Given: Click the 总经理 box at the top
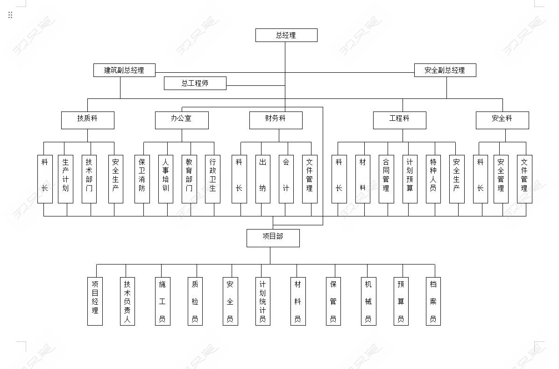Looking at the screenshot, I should [x=286, y=35].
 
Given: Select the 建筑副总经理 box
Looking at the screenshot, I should [x=124, y=70].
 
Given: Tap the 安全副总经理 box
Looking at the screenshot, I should [x=445, y=70].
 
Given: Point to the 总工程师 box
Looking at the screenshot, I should [x=195, y=83].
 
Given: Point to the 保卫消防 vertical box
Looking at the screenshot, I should [x=142, y=179].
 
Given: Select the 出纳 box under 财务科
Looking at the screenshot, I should [x=263, y=179].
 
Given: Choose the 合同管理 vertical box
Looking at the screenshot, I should [x=386, y=179].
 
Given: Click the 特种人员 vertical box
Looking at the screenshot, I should [x=433, y=179].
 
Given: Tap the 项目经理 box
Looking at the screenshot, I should [x=95, y=301].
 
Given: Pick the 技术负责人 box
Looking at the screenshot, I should [x=127, y=301].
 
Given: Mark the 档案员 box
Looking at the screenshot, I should [x=433, y=301].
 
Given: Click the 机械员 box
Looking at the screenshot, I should [x=368, y=301].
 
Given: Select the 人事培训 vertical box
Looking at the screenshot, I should [x=166, y=179].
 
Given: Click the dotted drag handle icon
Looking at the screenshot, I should [x=10, y=15].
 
